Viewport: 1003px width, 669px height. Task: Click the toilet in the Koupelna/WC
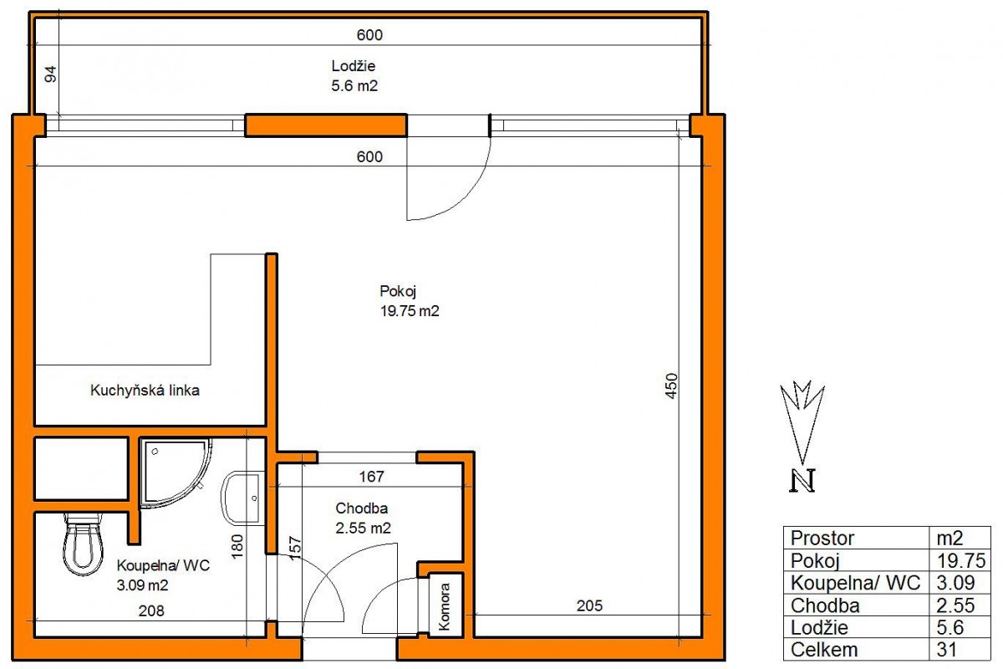[x=84, y=544]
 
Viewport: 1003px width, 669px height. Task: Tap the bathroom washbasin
[x=241, y=498]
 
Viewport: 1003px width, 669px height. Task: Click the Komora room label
[x=444, y=606]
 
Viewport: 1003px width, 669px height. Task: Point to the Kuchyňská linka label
[x=145, y=391]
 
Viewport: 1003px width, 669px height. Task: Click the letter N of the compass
[x=802, y=481]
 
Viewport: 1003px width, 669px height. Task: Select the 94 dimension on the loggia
[x=51, y=74]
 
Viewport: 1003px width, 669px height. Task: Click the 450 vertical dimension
[x=672, y=386]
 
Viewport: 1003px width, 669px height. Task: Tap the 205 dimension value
[x=589, y=605]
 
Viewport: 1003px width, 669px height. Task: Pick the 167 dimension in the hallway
[x=371, y=477]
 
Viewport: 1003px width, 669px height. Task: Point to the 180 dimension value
[x=237, y=546]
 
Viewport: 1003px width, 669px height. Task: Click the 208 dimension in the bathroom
[x=151, y=610]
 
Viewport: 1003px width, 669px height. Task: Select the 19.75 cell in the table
[x=961, y=560]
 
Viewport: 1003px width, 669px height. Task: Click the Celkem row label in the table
[x=824, y=650]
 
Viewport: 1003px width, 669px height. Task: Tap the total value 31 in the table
[x=946, y=650]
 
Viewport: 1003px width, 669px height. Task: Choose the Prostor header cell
[x=822, y=539]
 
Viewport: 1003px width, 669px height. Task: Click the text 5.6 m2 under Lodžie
[x=354, y=85]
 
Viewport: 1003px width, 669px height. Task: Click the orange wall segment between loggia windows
[x=326, y=125]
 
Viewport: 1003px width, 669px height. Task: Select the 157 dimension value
[x=295, y=548]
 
